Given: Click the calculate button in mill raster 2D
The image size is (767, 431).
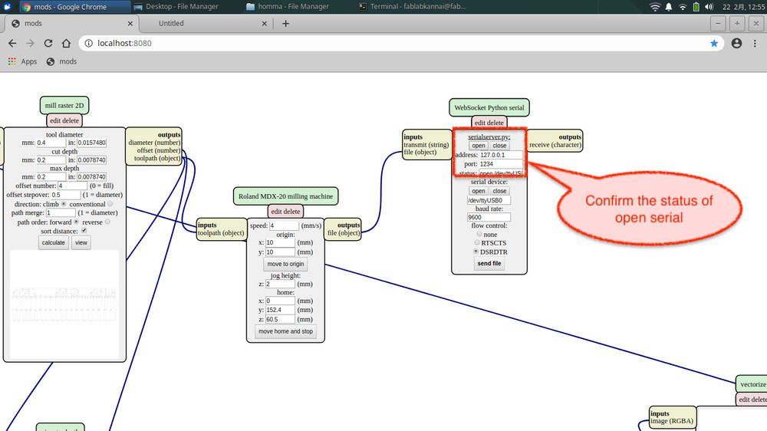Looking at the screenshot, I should pos(54,242).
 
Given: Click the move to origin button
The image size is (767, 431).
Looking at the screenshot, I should pos(285,264).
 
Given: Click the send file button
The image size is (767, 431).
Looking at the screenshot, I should pos(489,263).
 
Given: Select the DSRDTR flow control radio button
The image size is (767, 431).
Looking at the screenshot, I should pos(476,251).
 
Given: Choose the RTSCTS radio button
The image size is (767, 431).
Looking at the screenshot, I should pos(476,242).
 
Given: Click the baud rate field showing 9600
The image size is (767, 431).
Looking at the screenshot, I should pos(489,217).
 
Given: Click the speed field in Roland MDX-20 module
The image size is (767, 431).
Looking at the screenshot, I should pos(282,225).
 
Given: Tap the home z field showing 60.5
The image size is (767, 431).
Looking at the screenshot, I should pos(281,319).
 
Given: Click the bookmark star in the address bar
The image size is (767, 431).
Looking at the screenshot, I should pos(714,44).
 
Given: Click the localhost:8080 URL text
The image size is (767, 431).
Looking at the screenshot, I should pos(125,44).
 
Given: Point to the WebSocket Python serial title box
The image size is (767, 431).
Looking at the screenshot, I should pos(489,107).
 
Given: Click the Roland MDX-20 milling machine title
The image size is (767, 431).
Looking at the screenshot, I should pos(285,196).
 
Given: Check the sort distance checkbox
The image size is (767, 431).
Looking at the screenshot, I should pos(84,230).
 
